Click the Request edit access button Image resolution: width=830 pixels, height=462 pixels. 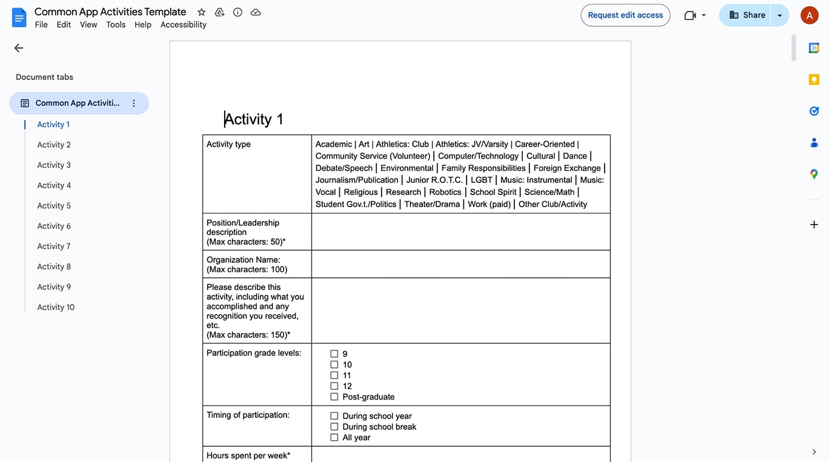[x=625, y=15]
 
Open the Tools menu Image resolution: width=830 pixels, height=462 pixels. [x=116, y=25]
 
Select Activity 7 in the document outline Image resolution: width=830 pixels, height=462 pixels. [x=54, y=246]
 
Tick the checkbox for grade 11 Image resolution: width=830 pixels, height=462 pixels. [x=334, y=375]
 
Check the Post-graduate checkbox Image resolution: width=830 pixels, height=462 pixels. [x=334, y=397]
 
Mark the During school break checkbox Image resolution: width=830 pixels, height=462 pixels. [x=334, y=427]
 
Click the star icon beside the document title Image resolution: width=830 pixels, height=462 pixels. [x=202, y=12]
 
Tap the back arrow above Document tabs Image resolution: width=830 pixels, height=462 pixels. [x=19, y=48]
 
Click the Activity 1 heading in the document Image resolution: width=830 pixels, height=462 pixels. [x=254, y=119]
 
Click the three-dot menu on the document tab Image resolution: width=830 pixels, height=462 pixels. [x=134, y=104]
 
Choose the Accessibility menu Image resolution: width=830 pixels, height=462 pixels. [x=183, y=25]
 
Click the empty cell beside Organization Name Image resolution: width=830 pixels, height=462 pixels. [x=460, y=265]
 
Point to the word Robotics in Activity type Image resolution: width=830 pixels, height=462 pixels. [x=445, y=192]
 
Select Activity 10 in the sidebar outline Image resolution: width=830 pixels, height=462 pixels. [x=56, y=308]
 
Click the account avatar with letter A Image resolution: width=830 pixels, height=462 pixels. [x=809, y=15]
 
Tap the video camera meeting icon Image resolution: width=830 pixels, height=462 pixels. [x=690, y=15]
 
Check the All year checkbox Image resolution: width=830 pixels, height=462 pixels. [x=334, y=438]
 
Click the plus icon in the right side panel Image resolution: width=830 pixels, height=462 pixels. [x=814, y=225]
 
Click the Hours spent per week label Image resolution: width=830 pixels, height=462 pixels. [x=248, y=455]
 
